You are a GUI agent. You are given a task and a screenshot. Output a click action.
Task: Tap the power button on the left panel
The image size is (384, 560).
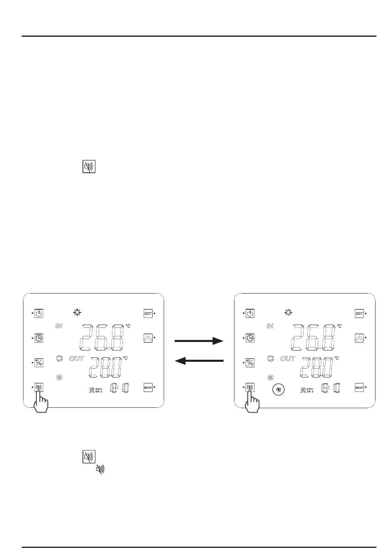click(39, 313)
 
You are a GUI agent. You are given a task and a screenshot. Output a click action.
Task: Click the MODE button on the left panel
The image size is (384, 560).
click(148, 388)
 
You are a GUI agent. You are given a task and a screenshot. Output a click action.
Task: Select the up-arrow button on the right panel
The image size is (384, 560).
click(359, 338)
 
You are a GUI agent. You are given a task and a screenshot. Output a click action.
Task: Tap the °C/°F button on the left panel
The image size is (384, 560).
click(39, 363)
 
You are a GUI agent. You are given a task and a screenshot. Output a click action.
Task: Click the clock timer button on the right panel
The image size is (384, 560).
click(250, 338)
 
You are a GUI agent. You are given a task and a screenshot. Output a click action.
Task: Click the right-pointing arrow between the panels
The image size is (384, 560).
click(199, 341)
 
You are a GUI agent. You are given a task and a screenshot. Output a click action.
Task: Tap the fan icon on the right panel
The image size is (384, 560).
click(271, 378)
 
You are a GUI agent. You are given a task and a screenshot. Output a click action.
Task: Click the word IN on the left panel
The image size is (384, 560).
click(59, 326)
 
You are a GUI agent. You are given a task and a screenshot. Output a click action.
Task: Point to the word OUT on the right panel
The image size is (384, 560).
click(288, 359)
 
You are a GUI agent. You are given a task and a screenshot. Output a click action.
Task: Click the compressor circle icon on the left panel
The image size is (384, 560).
click(59, 358)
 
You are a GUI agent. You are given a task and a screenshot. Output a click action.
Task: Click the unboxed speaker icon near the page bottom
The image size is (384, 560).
click(100, 469)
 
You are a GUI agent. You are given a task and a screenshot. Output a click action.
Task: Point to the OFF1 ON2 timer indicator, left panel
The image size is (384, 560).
click(96, 390)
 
